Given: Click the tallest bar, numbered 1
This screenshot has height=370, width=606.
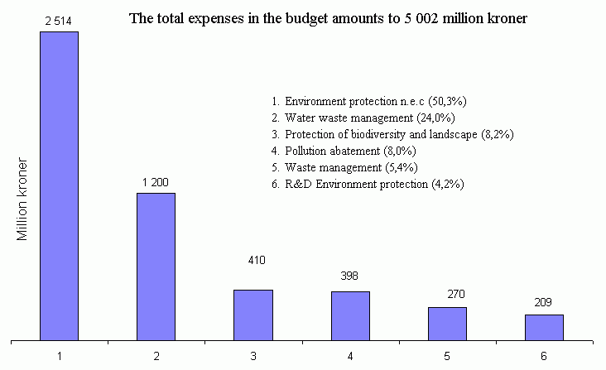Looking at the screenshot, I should click(59, 185).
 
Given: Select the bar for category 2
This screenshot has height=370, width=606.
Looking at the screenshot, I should click(156, 266).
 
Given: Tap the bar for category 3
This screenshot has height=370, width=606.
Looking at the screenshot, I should click(252, 315).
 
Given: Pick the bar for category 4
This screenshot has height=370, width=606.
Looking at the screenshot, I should click(350, 315).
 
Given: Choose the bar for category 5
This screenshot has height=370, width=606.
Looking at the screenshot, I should click(447, 323).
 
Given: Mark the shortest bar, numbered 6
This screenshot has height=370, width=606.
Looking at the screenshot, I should click(544, 327).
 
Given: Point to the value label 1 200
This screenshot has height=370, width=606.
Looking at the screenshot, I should click(156, 181).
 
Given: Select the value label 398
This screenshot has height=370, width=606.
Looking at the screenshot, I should click(349, 276).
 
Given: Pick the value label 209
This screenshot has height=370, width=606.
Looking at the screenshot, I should click(543, 302).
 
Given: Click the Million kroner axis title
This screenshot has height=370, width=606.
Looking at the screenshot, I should click(24, 199).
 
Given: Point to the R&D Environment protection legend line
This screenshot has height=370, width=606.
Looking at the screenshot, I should click(367, 184).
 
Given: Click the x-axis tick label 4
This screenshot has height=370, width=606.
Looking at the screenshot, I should click(350, 355).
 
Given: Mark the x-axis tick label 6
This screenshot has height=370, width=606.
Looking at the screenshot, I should click(544, 355).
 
